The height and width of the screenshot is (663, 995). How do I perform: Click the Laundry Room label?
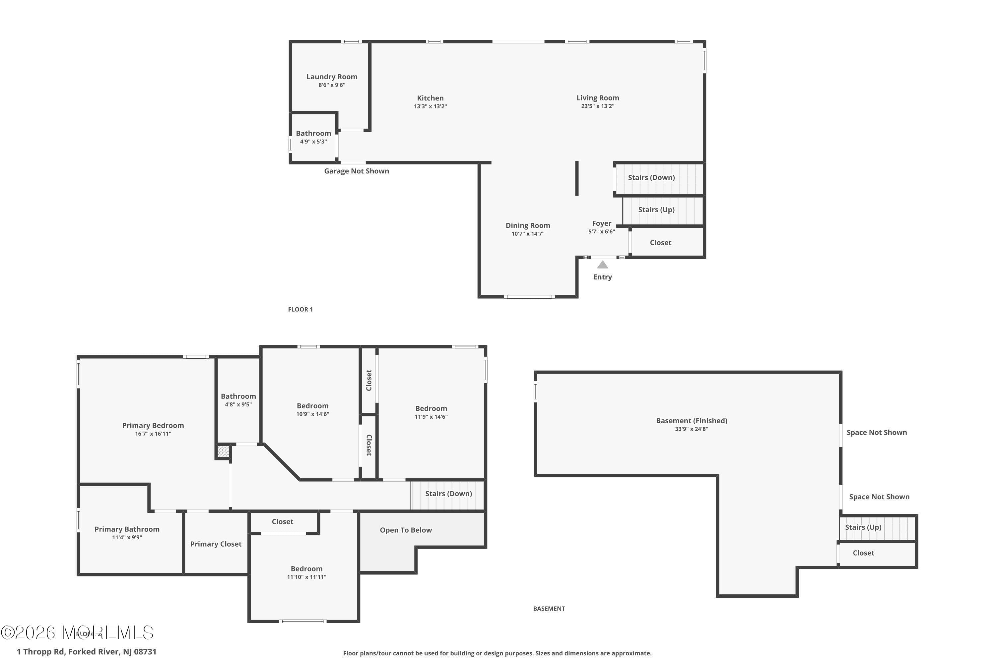[332, 77]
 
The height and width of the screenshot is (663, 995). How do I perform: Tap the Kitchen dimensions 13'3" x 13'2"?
[430, 106]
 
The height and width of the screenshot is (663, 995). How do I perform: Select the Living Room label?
[597, 98]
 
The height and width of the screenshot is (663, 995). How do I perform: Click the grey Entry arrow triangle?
[602, 265]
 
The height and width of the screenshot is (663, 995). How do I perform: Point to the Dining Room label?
[528, 225]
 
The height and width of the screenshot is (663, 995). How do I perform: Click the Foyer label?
[601, 223]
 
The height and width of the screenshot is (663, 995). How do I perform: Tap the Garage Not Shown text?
[356, 171]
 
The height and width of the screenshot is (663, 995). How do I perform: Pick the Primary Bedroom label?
[153, 425]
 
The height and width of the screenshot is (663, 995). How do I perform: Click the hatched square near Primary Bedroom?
[223, 451]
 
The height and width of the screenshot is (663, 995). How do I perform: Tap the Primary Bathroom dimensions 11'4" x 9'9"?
[127, 537]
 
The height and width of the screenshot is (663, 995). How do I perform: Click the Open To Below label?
[406, 530]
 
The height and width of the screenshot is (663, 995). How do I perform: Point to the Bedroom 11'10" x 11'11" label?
[306, 569]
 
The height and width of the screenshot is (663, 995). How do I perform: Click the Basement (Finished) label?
[691, 421]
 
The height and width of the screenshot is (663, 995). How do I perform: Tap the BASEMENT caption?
[549, 608]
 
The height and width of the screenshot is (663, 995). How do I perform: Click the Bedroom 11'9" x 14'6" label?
[431, 408]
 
